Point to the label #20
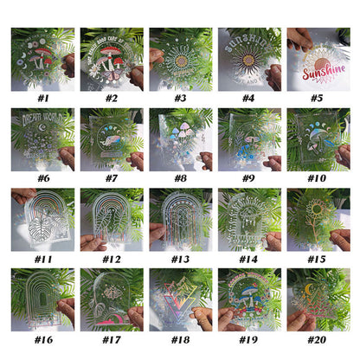(317, 342)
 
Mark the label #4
(248, 98)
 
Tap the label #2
(111, 98)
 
